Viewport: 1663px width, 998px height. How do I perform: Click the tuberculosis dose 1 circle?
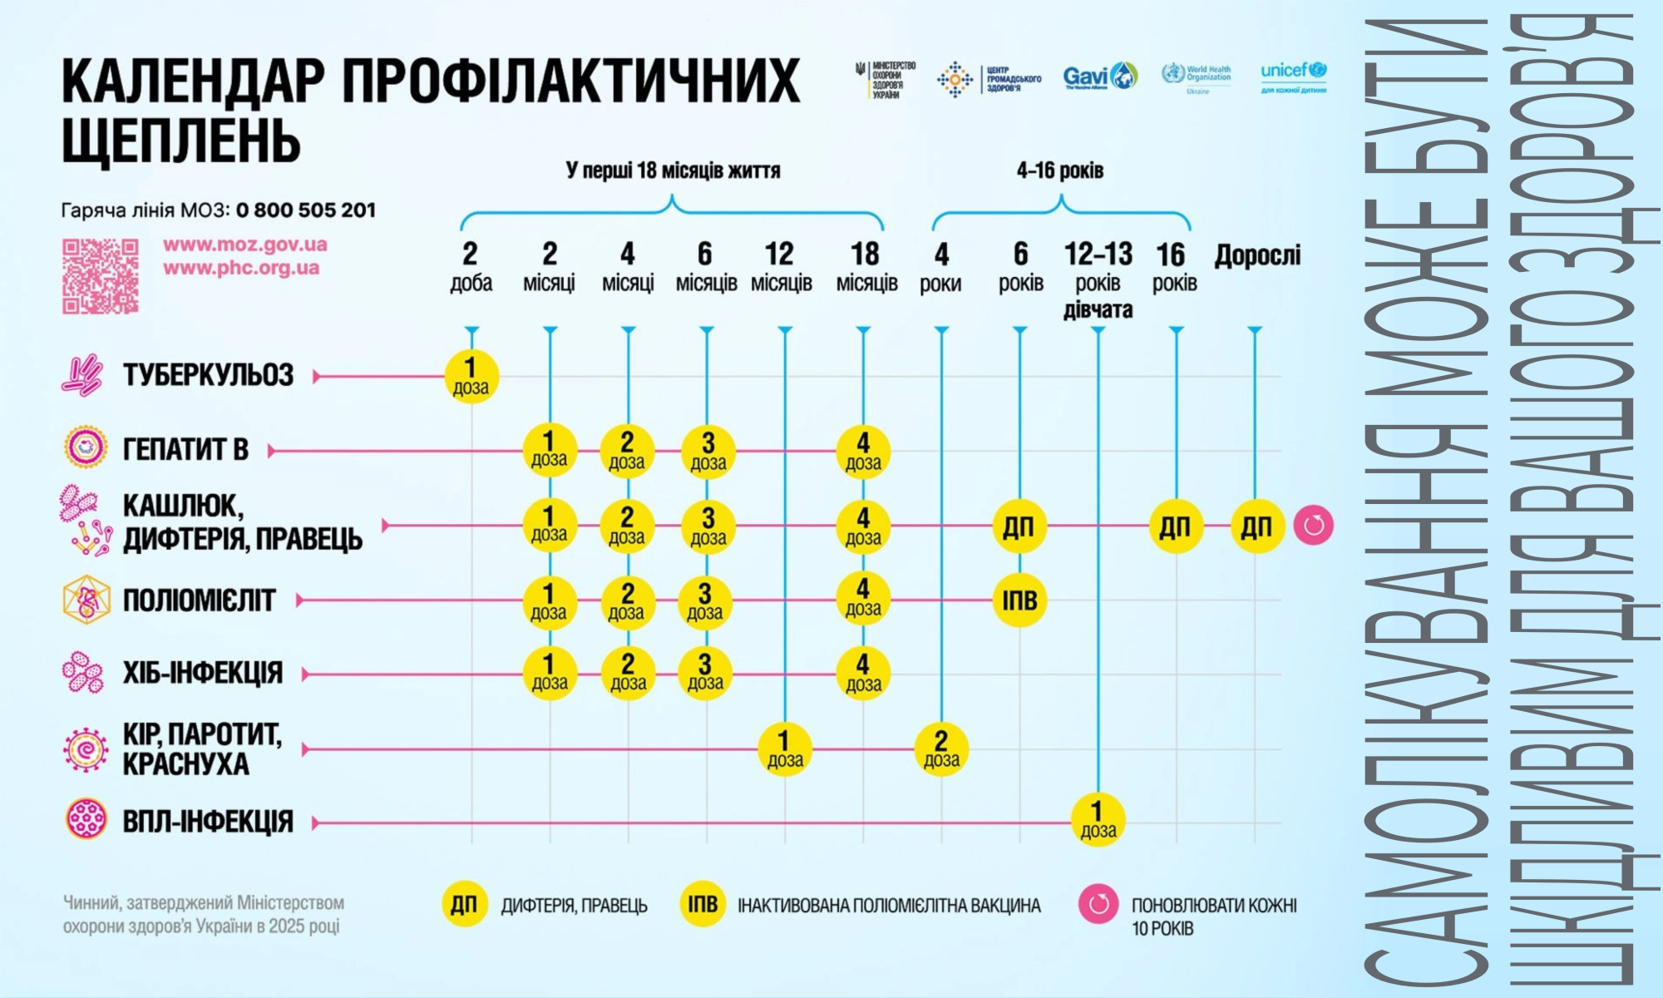(x=471, y=377)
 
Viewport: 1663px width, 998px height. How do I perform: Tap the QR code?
(x=101, y=276)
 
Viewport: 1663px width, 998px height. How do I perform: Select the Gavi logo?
(x=1099, y=77)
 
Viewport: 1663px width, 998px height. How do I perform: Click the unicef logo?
(x=1293, y=77)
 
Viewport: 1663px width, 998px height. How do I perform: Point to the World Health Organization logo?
(x=1197, y=77)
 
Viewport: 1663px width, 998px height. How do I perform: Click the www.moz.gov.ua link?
(x=245, y=245)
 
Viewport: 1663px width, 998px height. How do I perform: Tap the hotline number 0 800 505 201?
(x=306, y=210)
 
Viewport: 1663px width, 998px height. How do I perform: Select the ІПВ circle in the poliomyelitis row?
(x=1019, y=600)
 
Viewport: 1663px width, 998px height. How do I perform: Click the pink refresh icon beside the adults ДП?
(x=1313, y=526)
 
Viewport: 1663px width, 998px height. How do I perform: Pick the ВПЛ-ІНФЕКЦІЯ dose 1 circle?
(x=1098, y=820)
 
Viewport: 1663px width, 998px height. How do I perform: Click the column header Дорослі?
(x=1257, y=255)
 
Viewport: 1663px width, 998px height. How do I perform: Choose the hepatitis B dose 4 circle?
(x=863, y=451)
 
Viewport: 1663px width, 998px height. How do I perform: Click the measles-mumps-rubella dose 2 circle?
(x=941, y=749)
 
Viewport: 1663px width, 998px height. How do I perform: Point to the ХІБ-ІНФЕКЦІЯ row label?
(x=203, y=673)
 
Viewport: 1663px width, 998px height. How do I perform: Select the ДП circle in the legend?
(x=464, y=905)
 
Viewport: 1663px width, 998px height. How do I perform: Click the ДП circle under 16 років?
(x=1175, y=526)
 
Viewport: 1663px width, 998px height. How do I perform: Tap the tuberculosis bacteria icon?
(x=81, y=374)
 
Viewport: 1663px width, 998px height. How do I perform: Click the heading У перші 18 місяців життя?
(x=673, y=170)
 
